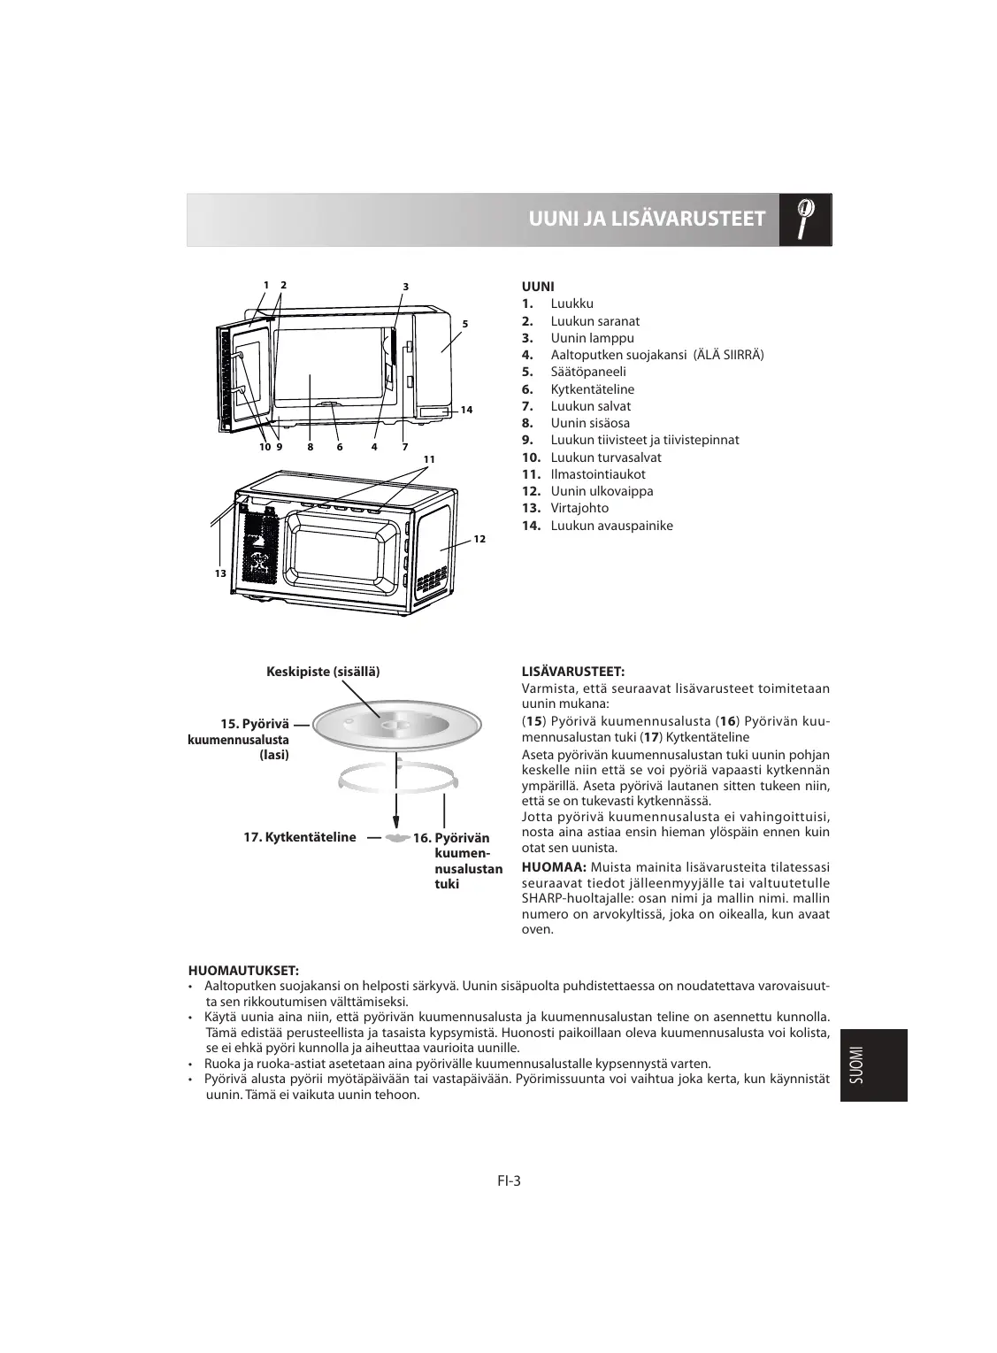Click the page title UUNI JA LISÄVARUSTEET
click(646, 219)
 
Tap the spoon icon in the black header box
click(805, 219)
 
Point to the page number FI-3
click(509, 1180)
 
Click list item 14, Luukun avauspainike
click(611, 526)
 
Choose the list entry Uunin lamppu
click(592, 338)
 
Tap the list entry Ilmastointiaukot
click(598, 474)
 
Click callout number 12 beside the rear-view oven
click(479, 539)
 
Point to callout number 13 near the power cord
click(220, 573)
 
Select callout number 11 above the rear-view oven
click(430, 459)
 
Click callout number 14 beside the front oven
click(466, 410)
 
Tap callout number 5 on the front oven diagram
click(464, 324)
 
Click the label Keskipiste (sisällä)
click(323, 672)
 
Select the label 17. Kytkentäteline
click(300, 837)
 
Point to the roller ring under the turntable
click(398, 778)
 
